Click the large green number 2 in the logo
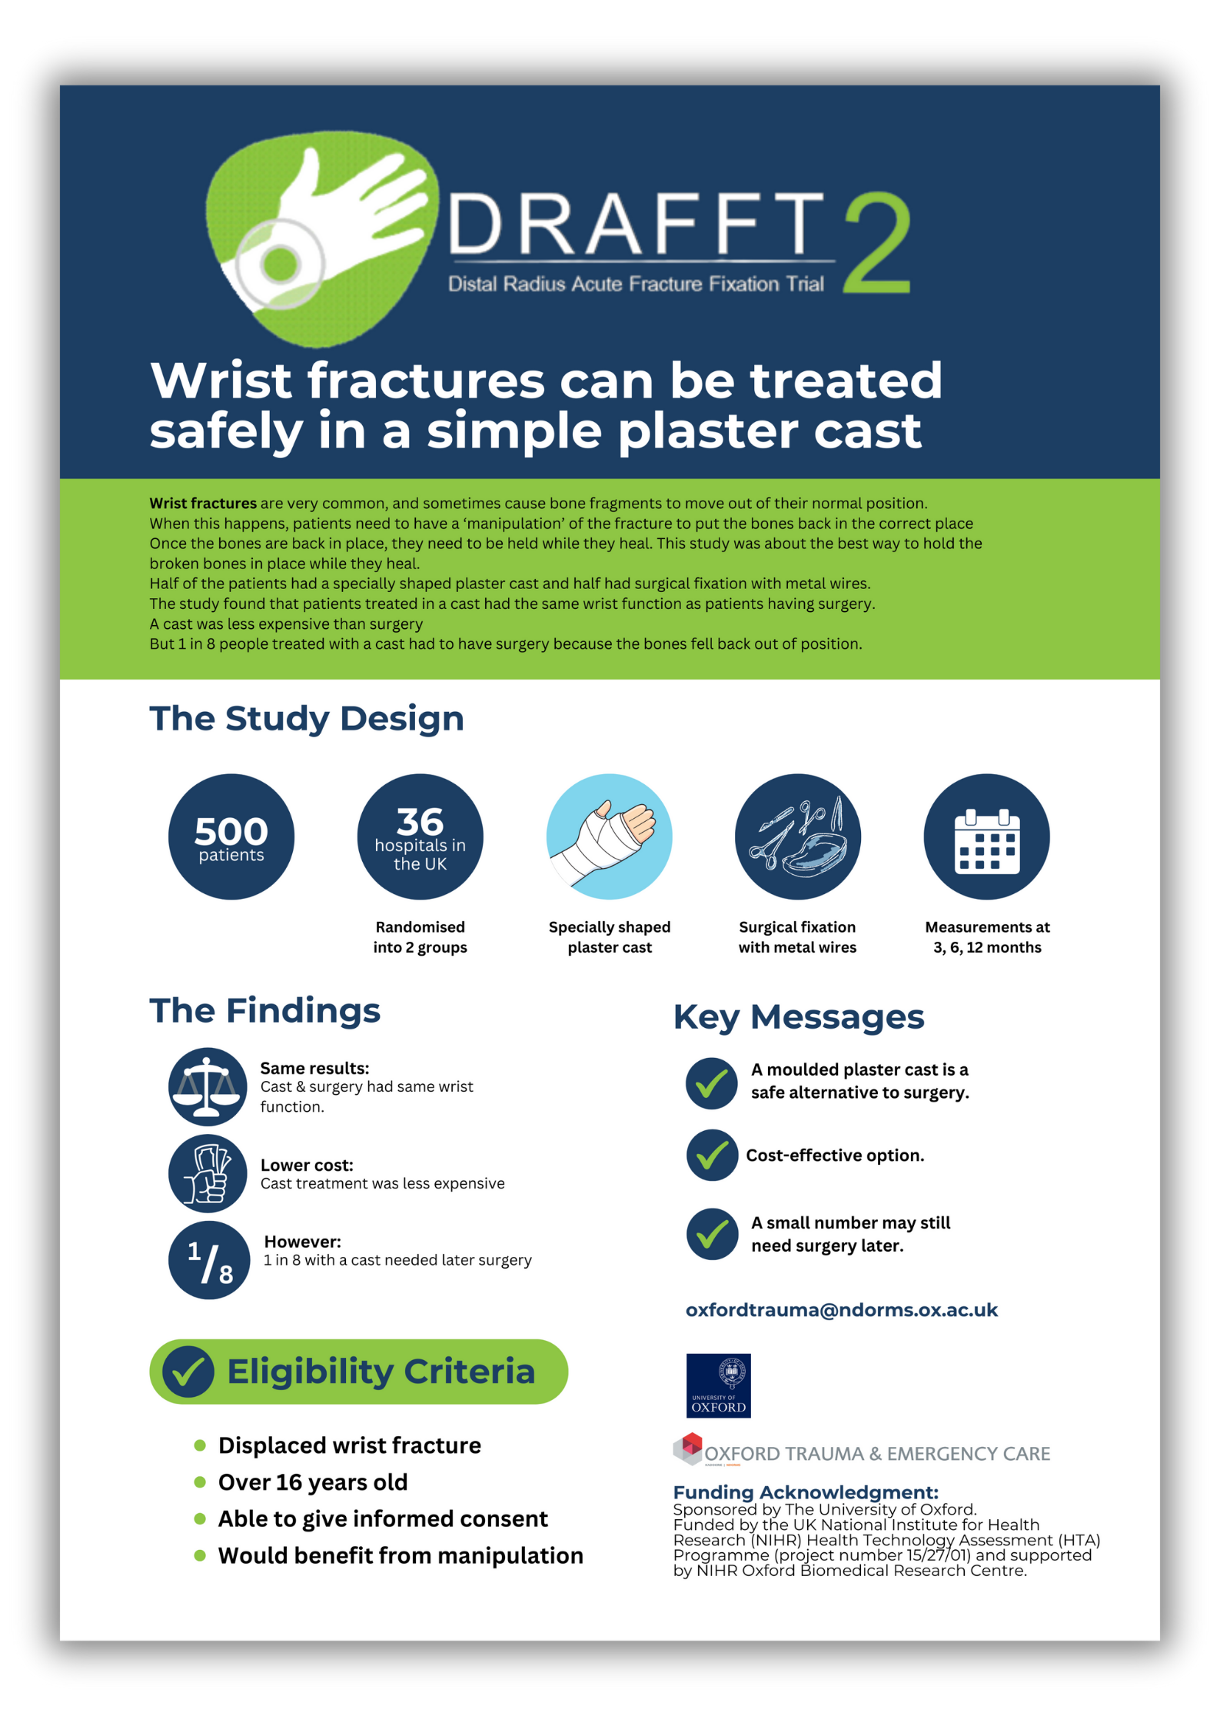coord(877,244)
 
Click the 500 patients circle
coord(231,836)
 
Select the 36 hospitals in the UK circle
coord(420,836)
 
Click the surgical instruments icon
coord(797,836)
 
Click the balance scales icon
coord(207,1086)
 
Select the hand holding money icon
coord(207,1173)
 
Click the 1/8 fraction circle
coord(208,1260)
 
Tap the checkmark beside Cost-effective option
coord(712,1155)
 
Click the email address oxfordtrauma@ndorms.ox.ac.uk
coord(841,1310)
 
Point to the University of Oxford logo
coord(718,1385)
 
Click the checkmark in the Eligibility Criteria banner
coord(188,1372)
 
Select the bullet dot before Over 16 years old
coord(200,1482)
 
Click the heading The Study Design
coord(306,719)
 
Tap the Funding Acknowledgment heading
coord(805,1492)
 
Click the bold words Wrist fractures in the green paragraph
coord(202,504)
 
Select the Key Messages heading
coord(798,1017)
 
